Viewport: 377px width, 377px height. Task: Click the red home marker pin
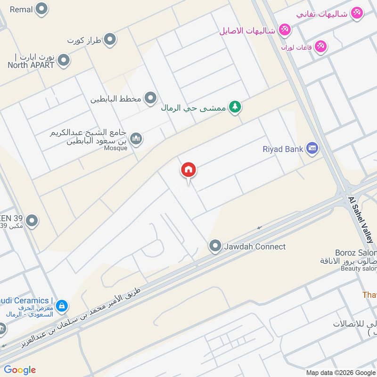188,170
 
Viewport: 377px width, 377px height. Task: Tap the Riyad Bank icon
311,149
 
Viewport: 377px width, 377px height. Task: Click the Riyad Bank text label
283,149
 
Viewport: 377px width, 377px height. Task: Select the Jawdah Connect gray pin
215,246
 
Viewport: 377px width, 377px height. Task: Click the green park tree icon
235,107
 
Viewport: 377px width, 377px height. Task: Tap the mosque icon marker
136,138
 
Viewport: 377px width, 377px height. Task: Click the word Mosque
115,148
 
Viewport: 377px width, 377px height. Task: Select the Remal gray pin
42,8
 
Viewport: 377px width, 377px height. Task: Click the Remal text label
21,9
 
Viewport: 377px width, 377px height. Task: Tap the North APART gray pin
64,60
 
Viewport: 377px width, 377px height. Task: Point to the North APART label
31,65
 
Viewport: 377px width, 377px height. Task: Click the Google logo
20,370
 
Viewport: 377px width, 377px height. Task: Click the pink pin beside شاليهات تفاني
357,13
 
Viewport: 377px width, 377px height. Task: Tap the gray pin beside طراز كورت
110,40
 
